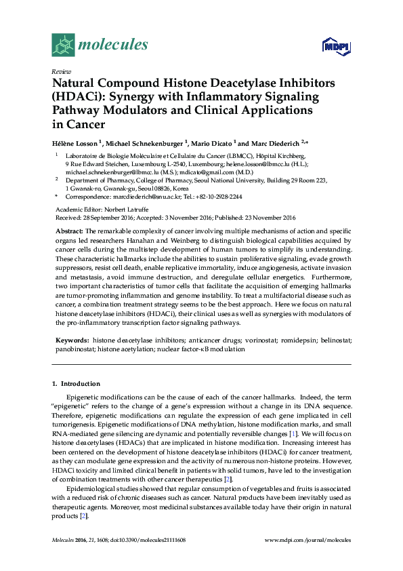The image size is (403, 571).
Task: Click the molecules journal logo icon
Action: [63, 45]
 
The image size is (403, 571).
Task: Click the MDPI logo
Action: [337, 46]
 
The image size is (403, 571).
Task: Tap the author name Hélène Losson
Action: [75, 143]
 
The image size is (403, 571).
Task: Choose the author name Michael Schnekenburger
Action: [145, 143]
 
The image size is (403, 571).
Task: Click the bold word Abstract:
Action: [69, 231]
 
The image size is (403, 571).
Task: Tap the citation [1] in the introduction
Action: [292, 432]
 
